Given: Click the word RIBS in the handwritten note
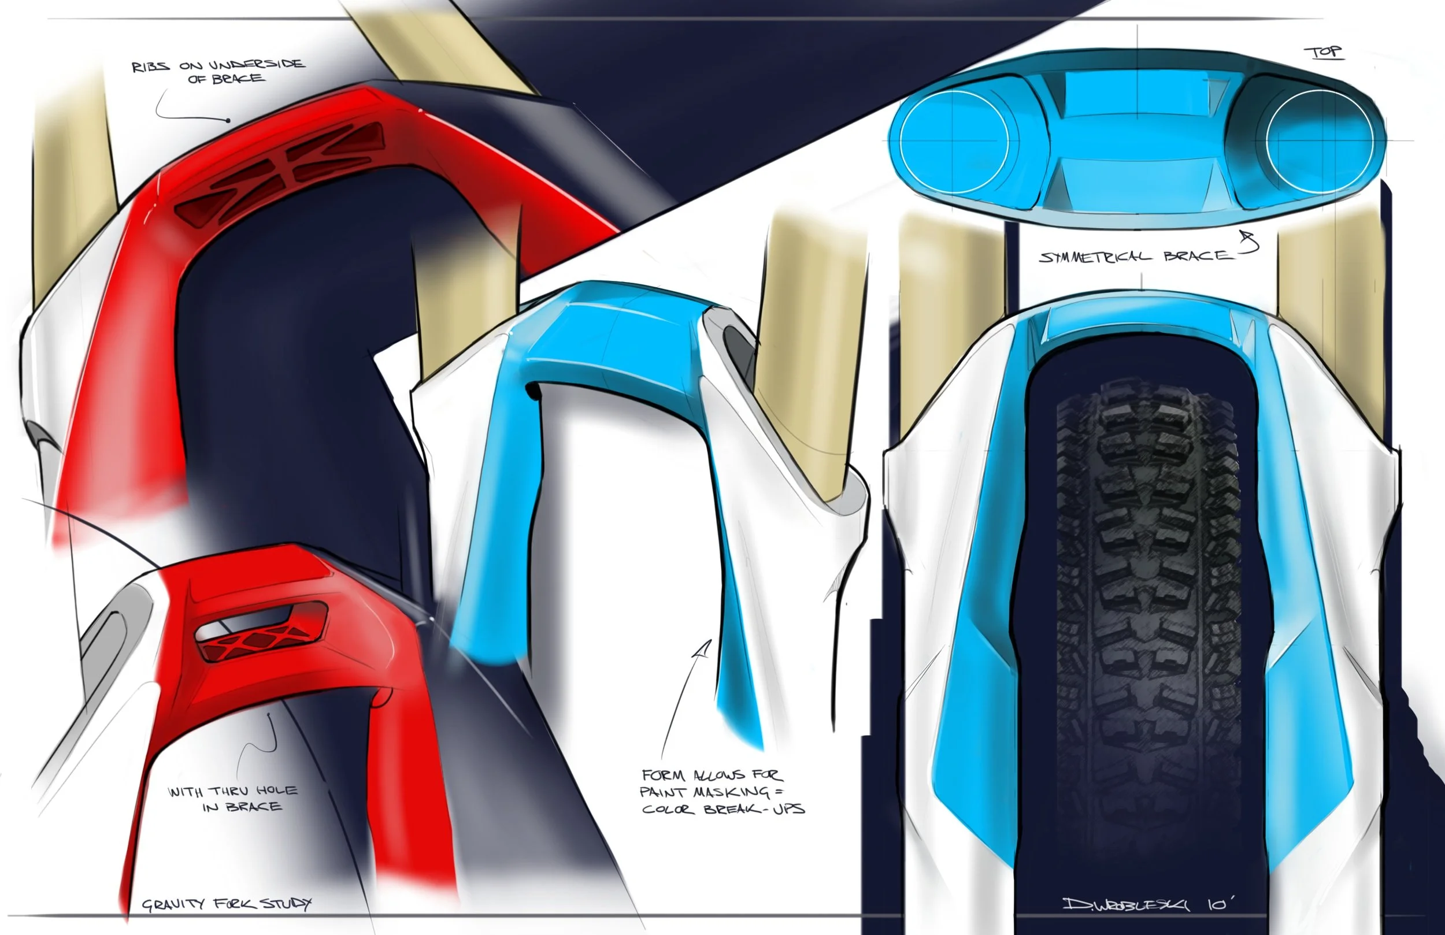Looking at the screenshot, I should (151, 67).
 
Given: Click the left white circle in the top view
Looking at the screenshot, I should (953, 140).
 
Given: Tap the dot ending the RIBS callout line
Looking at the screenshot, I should (228, 120).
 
